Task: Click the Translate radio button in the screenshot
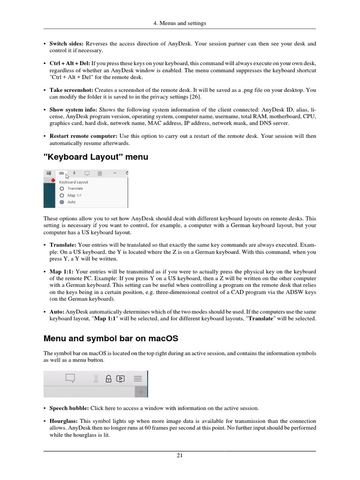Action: (x=61, y=188)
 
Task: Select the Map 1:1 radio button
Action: (x=61, y=195)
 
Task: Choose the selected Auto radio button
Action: (x=61, y=202)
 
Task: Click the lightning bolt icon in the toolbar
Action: (x=74, y=172)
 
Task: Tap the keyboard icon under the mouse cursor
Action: (x=62, y=172)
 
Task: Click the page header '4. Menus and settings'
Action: (x=180, y=23)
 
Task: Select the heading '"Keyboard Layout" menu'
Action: (x=96, y=157)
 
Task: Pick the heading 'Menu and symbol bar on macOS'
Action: (x=111, y=338)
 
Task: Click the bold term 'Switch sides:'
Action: (x=67, y=44)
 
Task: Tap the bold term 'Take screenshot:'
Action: (x=71, y=90)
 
